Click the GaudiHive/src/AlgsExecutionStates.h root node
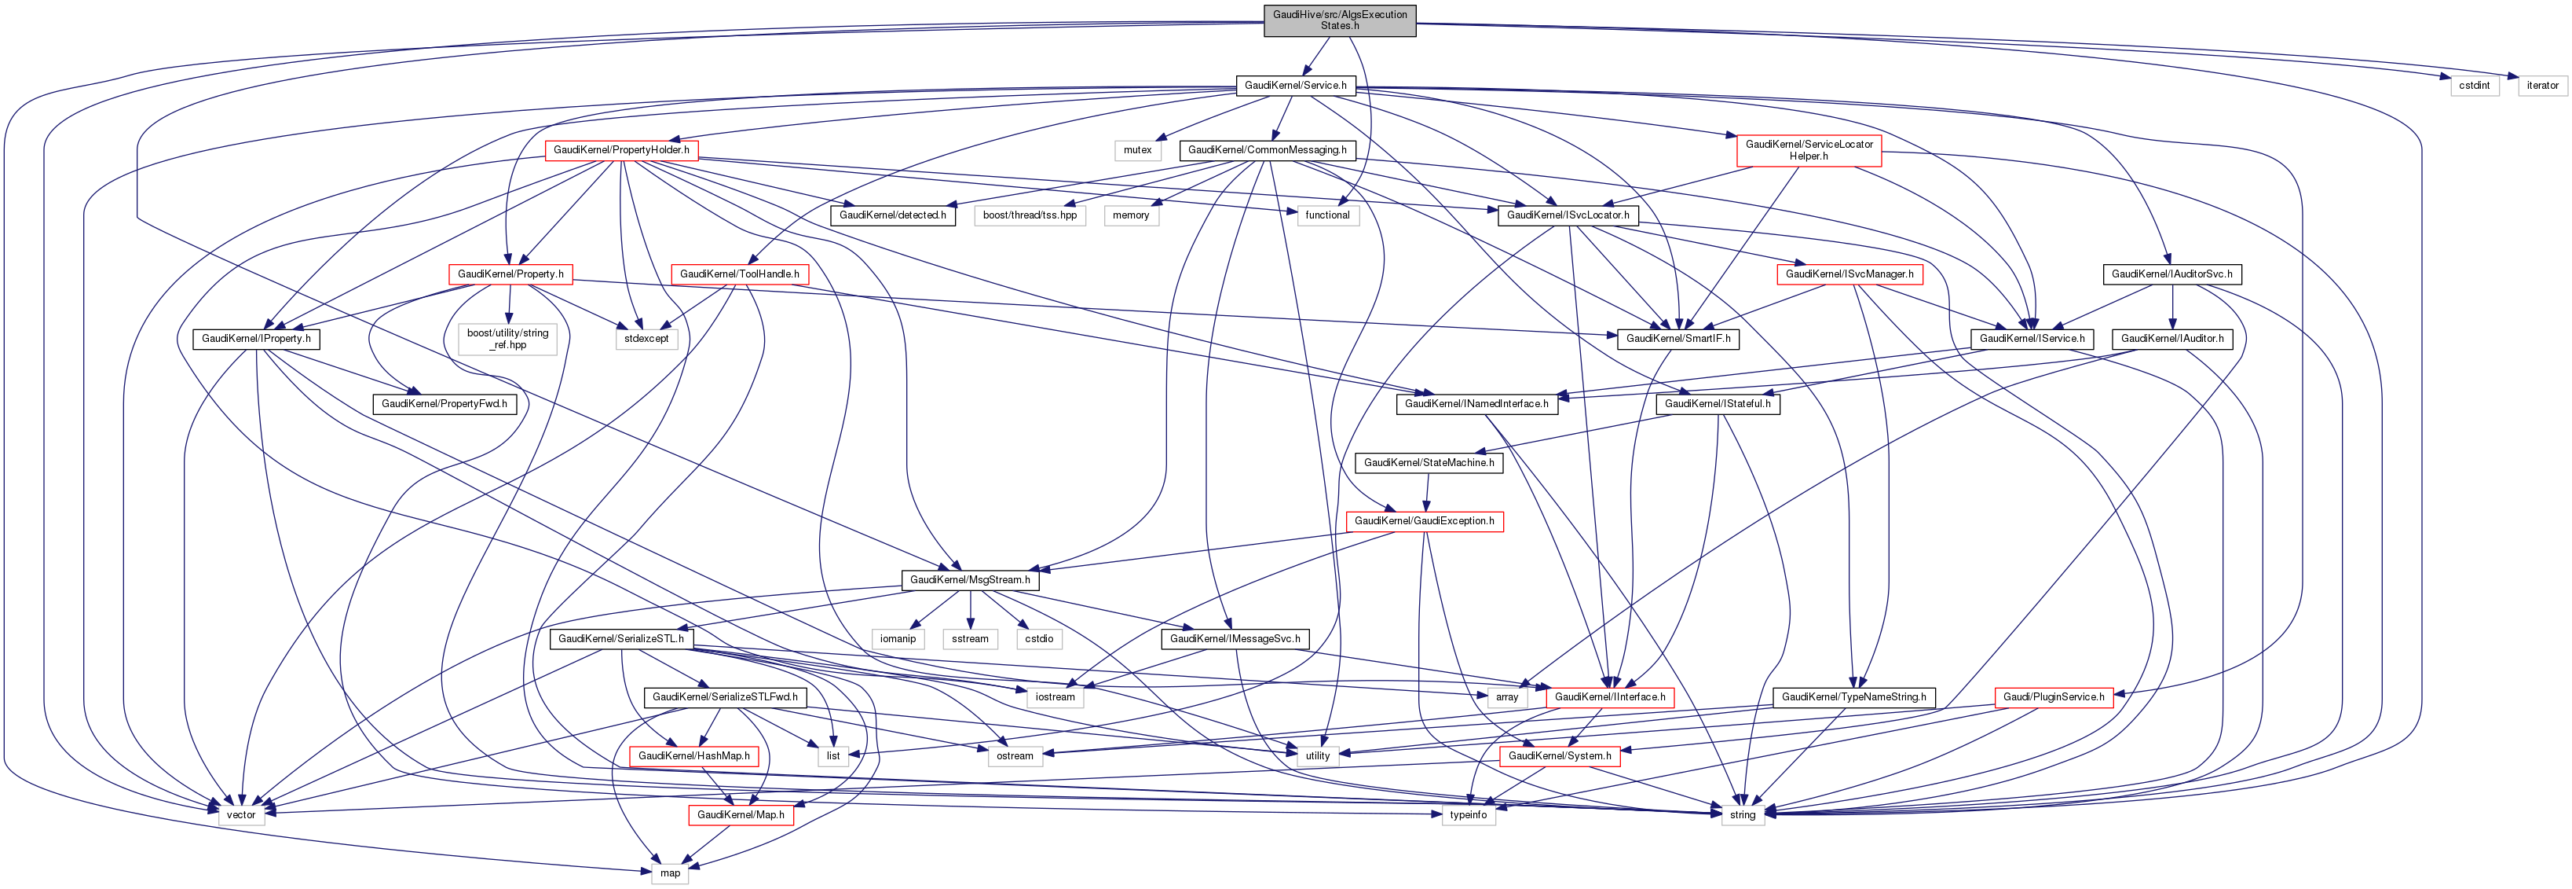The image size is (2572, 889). tap(1339, 20)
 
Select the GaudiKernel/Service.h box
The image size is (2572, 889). tap(1295, 86)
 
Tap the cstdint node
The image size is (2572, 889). tap(2473, 86)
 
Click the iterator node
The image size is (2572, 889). tap(2542, 86)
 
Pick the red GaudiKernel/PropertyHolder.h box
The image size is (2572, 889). tap(621, 150)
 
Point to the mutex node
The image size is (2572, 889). tap(1137, 151)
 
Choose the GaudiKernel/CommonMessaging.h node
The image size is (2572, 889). tap(1267, 151)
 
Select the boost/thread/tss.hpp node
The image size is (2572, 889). tap(1030, 215)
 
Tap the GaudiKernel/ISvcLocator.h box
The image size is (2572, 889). tap(1568, 215)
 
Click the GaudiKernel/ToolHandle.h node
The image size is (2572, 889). tap(739, 274)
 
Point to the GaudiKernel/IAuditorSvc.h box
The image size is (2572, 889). tap(2171, 274)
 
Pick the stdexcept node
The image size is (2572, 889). tap(646, 340)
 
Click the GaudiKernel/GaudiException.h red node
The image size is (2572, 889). tap(1424, 521)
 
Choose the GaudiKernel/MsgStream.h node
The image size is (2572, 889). tap(969, 580)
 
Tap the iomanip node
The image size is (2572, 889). tap(898, 639)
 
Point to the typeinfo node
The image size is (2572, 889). tap(1468, 816)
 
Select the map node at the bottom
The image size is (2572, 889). tap(670, 874)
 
